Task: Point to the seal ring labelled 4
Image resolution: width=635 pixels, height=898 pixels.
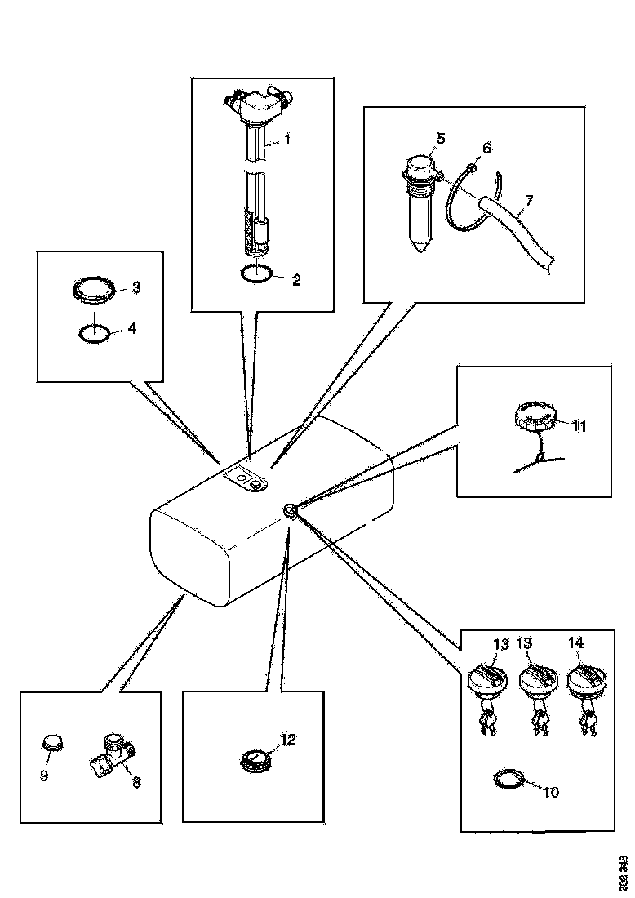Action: click(94, 333)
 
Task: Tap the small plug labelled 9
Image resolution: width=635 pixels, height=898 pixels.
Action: click(52, 744)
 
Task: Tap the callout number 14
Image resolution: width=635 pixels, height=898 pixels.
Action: click(575, 643)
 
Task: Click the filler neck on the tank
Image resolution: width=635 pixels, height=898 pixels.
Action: click(291, 511)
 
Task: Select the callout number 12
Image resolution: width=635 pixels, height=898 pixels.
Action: click(288, 740)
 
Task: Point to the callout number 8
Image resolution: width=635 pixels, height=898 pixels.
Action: click(136, 782)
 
